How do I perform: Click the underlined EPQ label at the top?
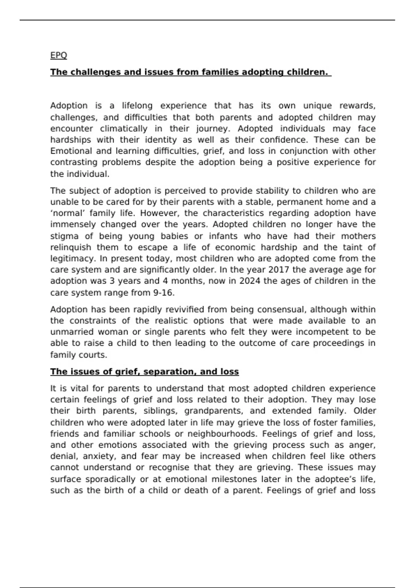click(58, 55)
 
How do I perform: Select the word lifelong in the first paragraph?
click(137, 105)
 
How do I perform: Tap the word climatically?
click(123, 129)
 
